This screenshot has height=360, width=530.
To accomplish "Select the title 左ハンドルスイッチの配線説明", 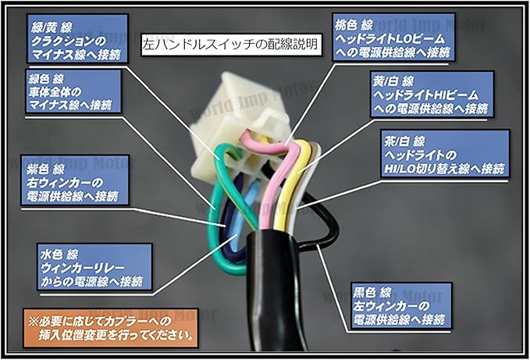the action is pos(231,45).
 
